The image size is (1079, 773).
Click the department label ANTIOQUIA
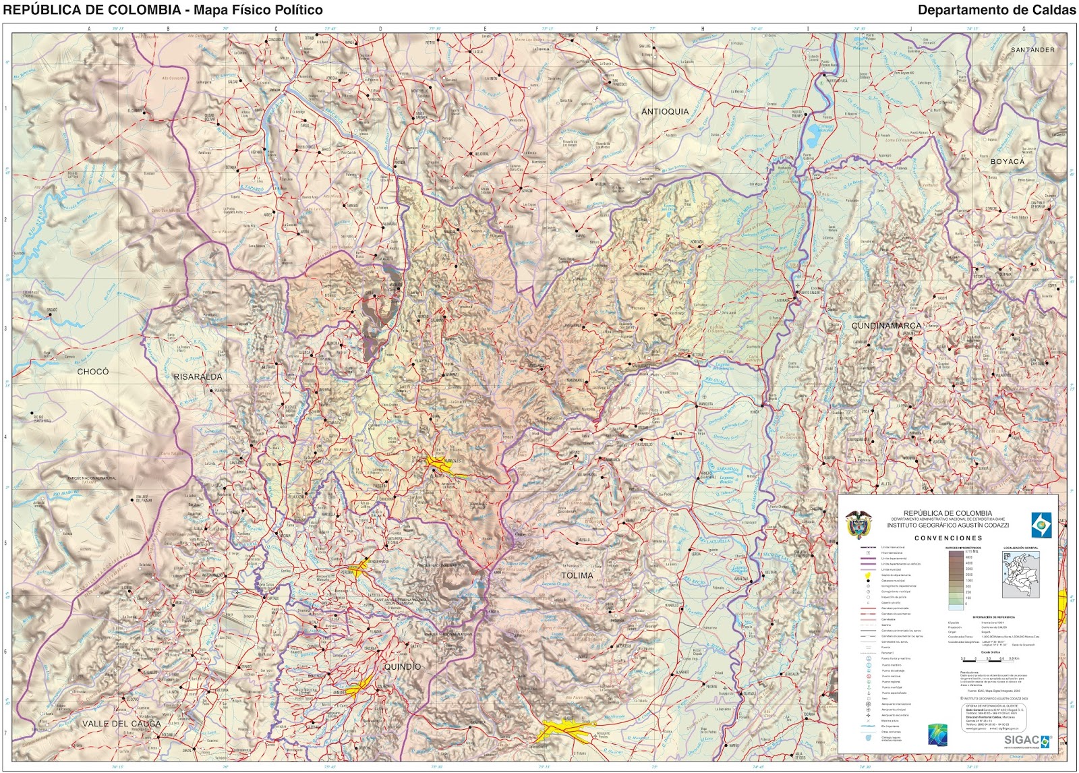click(x=665, y=111)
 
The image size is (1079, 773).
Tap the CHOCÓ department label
click(x=92, y=372)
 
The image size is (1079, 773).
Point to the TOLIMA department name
click(x=577, y=575)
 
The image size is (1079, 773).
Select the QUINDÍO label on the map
click(x=402, y=666)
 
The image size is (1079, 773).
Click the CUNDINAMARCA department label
click(x=885, y=326)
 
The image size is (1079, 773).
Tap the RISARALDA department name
click(x=198, y=376)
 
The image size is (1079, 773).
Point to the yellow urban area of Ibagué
click(x=563, y=728)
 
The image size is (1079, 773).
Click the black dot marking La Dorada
click(x=796, y=293)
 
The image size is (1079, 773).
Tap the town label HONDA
click(x=755, y=411)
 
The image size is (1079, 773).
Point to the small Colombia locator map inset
click(x=1020, y=574)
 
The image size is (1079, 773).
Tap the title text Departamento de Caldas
click(x=996, y=10)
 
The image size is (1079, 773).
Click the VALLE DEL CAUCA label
click(x=121, y=724)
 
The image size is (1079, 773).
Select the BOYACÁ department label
click(x=1007, y=162)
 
